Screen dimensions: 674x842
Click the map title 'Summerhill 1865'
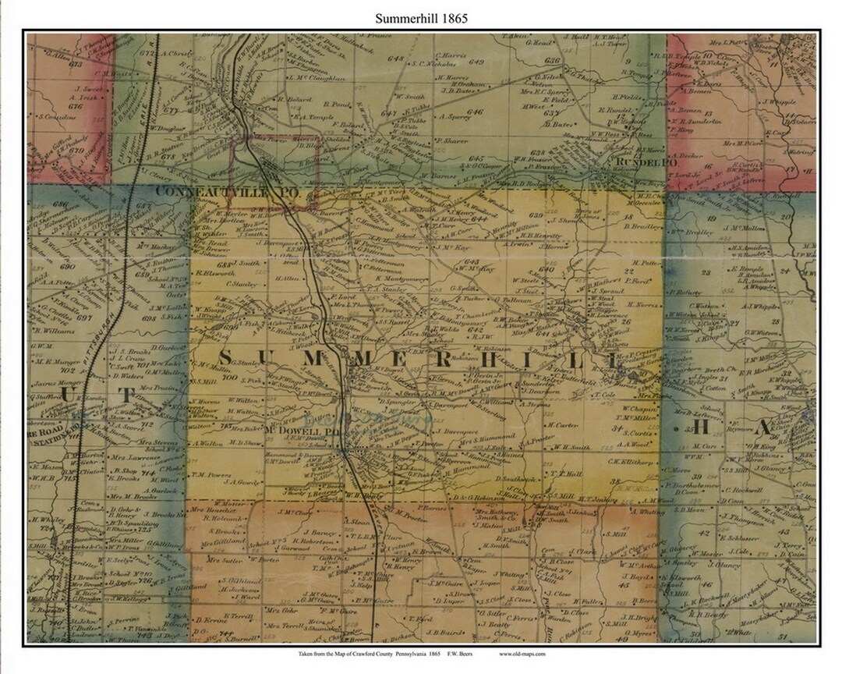click(x=421, y=18)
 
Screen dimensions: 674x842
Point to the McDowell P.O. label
click(x=295, y=431)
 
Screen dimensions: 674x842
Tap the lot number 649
click(x=476, y=62)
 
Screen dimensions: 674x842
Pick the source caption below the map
click(x=421, y=654)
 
